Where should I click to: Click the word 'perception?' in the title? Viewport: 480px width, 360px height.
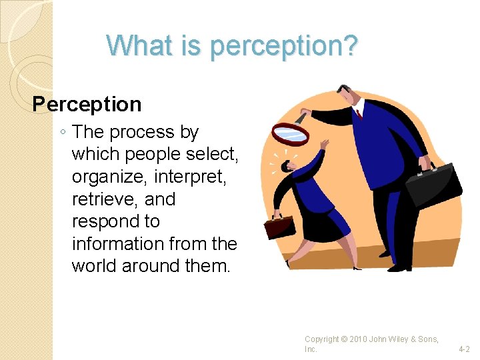point(285,46)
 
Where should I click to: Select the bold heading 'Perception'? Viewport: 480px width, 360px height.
point(87,104)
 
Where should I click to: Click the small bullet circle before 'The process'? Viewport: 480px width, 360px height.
point(62,133)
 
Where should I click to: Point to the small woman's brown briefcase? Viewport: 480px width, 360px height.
point(278,227)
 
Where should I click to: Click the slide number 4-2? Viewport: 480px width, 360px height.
point(464,349)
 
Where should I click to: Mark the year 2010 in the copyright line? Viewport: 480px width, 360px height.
point(359,340)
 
